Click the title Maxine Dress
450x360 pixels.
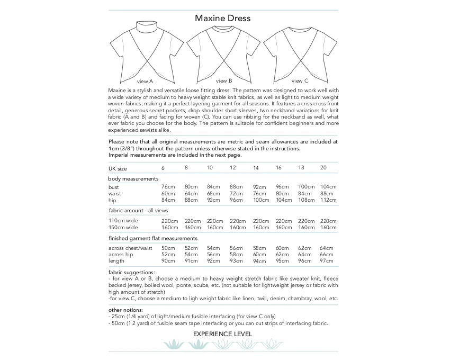[x=222, y=18]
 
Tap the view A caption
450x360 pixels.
[x=145, y=82]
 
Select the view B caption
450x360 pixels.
[x=223, y=81]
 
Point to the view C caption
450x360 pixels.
[x=300, y=81]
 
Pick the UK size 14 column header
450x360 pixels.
[x=256, y=168]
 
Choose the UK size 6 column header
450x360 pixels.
[x=163, y=168]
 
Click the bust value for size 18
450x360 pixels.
[x=306, y=187]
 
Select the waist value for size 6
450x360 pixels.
[x=168, y=194]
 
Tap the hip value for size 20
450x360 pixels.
[x=328, y=200]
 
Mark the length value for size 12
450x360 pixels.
[x=237, y=260]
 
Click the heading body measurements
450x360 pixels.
[x=133, y=179]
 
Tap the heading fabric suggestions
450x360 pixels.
[x=131, y=272]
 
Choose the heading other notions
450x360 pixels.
[x=126, y=310]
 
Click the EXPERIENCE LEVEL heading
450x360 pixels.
[x=222, y=334]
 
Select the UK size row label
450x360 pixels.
[x=118, y=168]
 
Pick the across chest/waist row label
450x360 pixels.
[x=130, y=248]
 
